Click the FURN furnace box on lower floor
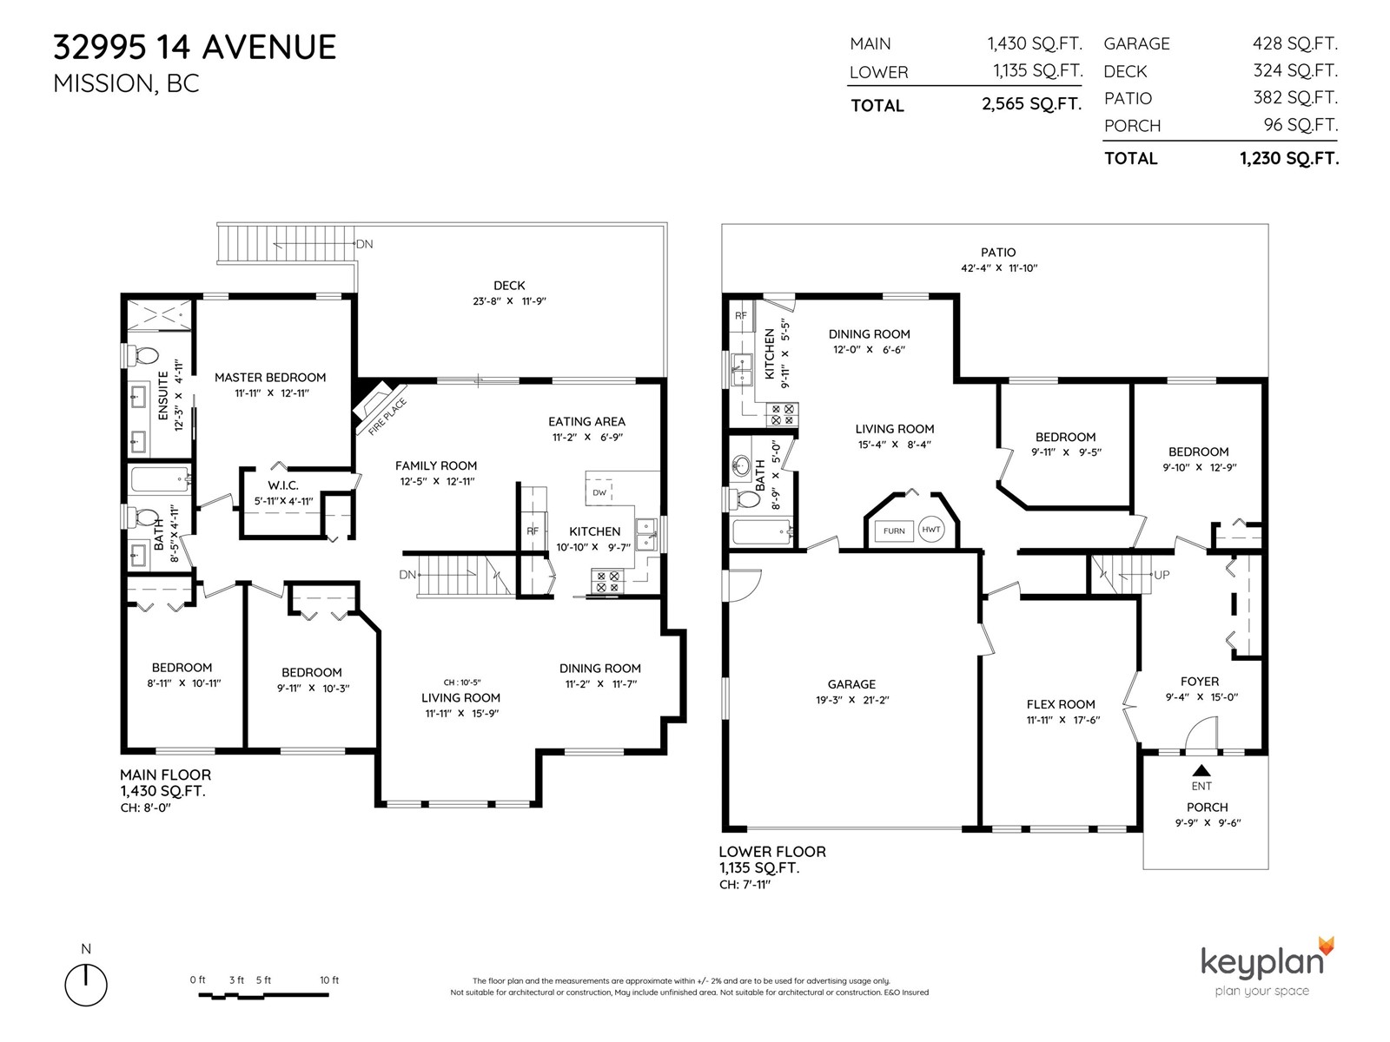pos(894,531)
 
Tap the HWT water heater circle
pos(931,530)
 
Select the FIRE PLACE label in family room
pos(387,417)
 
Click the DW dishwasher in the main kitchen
pos(599,492)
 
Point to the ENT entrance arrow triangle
pos(1201,770)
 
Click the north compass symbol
pos(86,985)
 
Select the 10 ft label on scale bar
pos(329,980)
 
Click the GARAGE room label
pos(851,684)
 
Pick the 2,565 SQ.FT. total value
pos(1031,103)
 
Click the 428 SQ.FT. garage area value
pos(1294,43)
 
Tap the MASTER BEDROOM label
pos(270,377)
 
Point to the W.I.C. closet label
pos(283,485)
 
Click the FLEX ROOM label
pos(1061,704)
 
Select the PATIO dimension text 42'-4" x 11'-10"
pos(999,267)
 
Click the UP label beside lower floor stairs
pos(1162,575)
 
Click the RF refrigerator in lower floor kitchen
pos(740,316)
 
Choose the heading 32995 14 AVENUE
pos(195,48)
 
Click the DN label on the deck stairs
pos(364,244)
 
